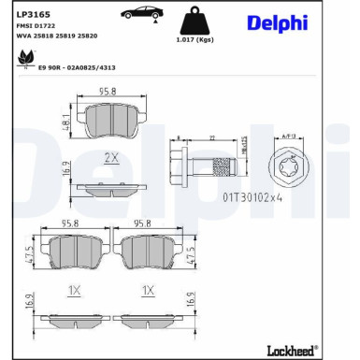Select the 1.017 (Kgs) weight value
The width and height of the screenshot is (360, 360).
coord(194,40)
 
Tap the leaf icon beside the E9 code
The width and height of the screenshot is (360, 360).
coord(22,59)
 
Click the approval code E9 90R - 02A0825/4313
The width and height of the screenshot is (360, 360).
coord(77,67)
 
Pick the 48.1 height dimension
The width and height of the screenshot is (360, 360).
coord(67,121)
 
